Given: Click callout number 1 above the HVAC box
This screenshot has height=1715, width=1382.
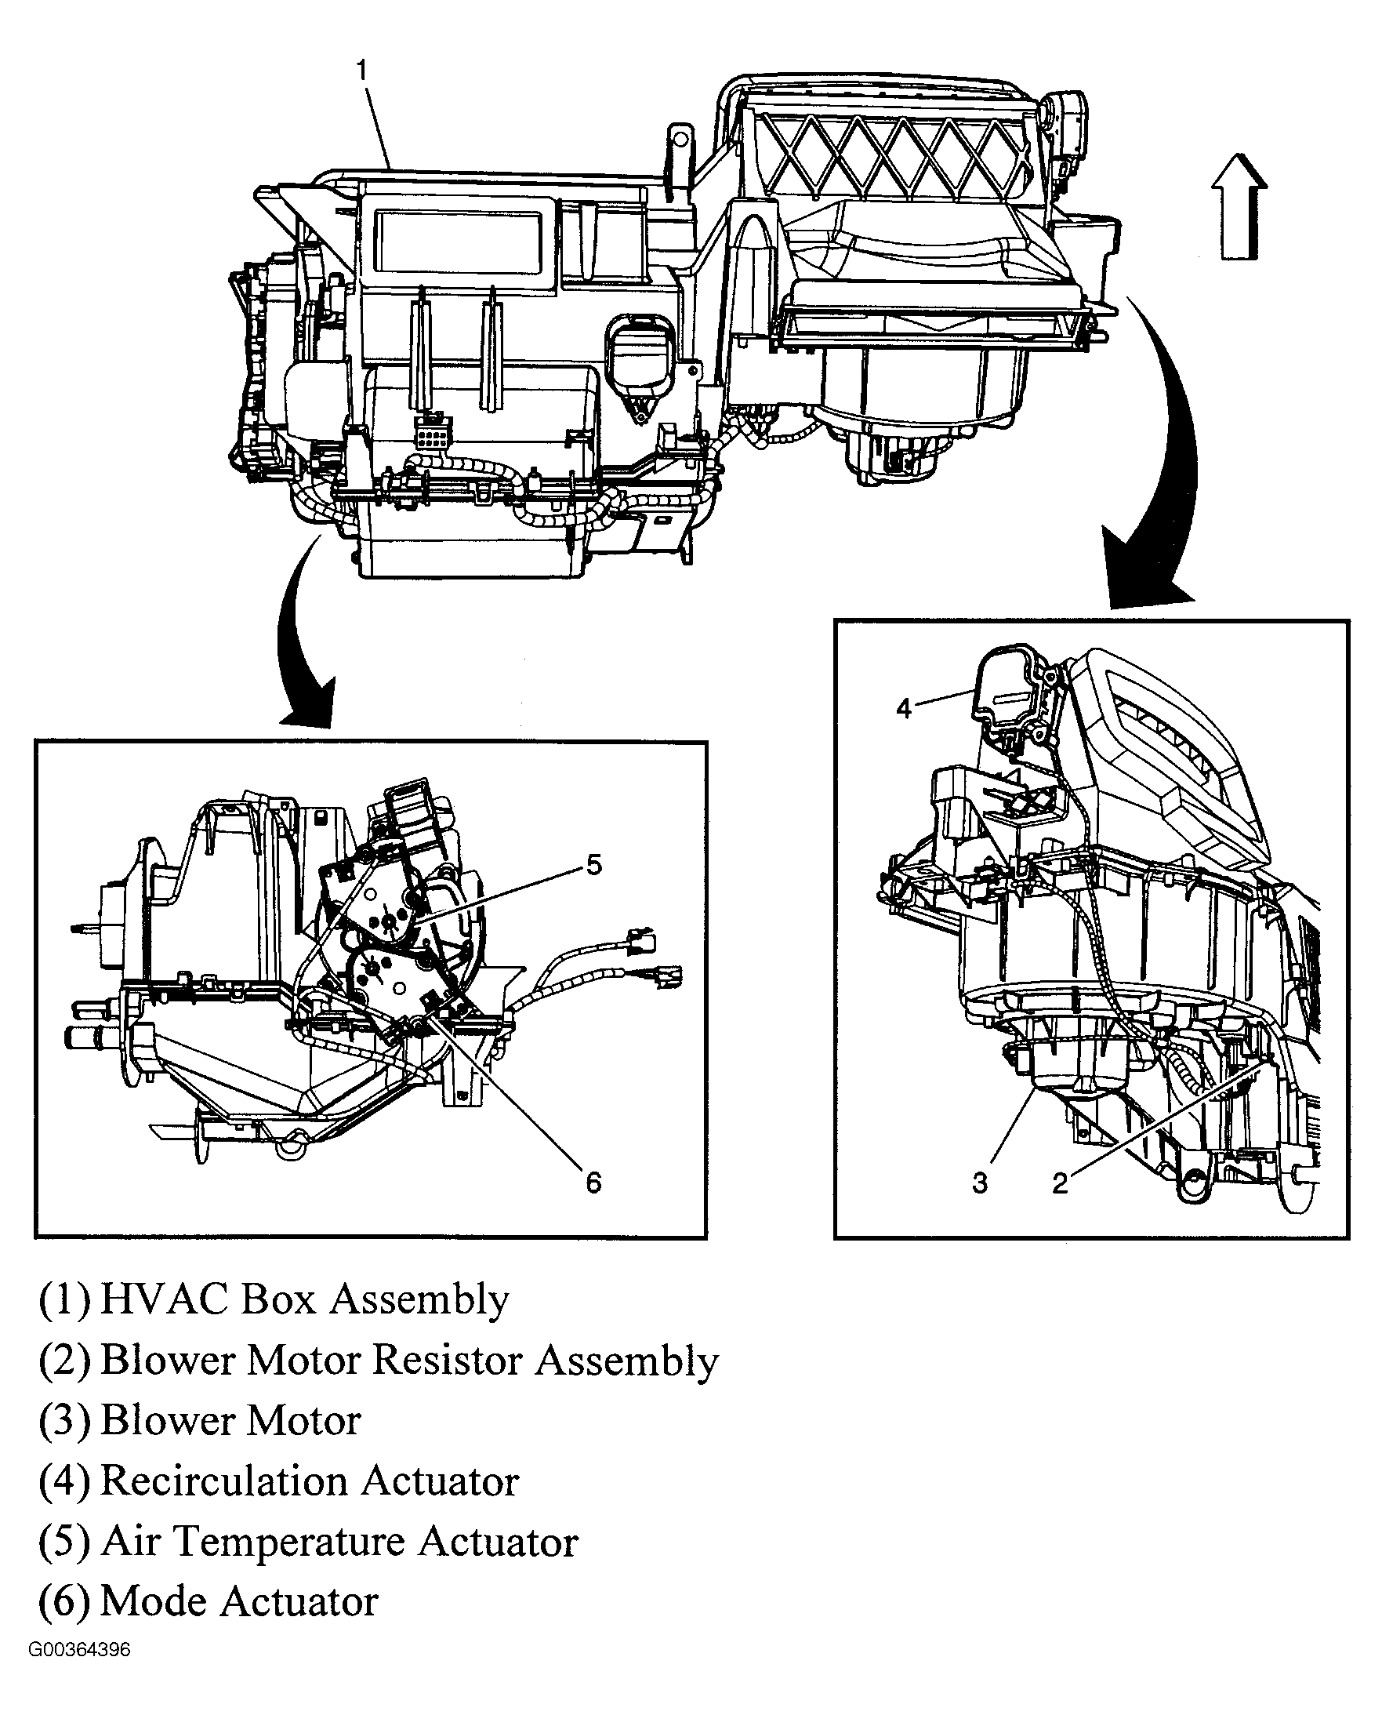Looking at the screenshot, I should click(361, 71).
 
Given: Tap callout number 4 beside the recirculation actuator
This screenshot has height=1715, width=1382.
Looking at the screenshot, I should click(903, 708).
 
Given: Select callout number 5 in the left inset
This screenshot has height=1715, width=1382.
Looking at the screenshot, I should click(594, 865).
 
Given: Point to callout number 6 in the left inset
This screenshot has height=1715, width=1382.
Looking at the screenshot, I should click(593, 1183).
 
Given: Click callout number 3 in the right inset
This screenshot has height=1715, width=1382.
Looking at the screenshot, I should click(980, 1183).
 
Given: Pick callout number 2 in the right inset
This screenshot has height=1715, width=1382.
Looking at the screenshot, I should click(1060, 1183).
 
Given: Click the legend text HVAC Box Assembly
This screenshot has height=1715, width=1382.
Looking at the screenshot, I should click(304, 1299).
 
